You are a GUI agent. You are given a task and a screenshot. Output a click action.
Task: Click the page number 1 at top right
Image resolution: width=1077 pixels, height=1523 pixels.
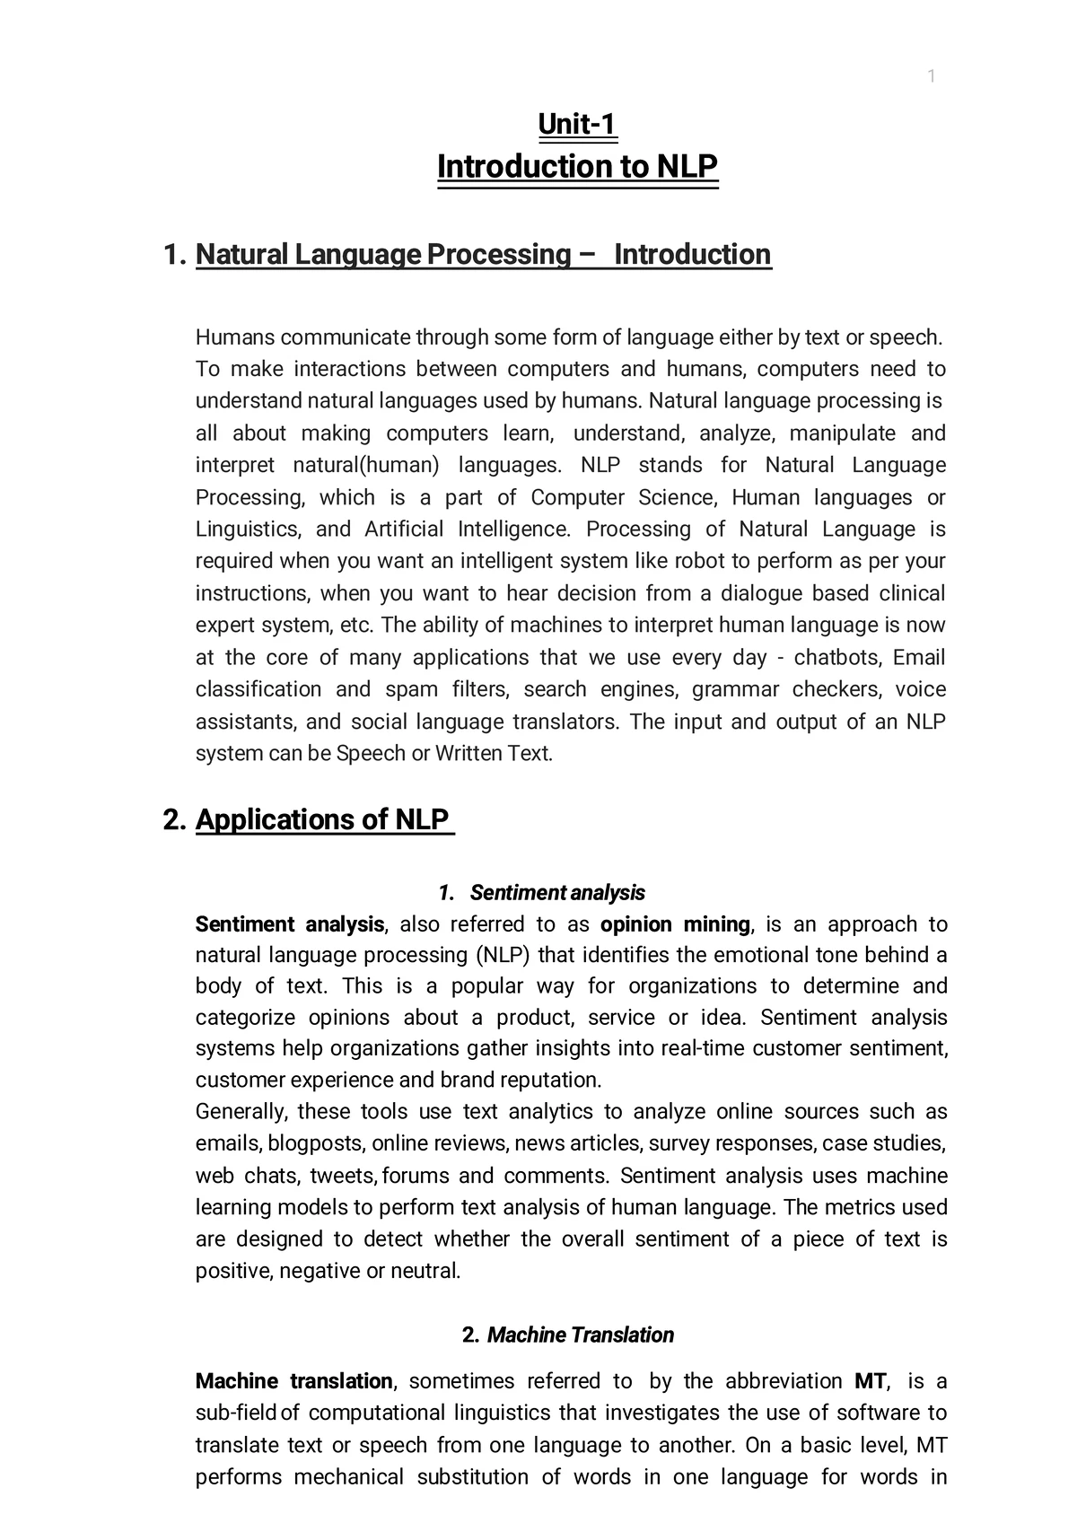(x=932, y=77)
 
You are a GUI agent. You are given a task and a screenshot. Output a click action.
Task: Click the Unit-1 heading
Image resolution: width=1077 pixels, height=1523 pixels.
(x=577, y=124)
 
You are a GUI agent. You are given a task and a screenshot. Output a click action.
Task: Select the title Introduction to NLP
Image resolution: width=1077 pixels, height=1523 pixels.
(x=577, y=167)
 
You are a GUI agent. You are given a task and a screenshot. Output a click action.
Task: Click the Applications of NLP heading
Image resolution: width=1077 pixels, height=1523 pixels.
(x=323, y=819)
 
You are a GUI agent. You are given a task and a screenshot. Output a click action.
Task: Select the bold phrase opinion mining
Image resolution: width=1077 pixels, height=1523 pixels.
(x=675, y=924)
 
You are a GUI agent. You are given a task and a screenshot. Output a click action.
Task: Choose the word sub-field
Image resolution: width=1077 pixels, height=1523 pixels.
(x=236, y=1414)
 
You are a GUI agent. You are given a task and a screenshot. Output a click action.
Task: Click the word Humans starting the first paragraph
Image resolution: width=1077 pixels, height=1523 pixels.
(x=235, y=338)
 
